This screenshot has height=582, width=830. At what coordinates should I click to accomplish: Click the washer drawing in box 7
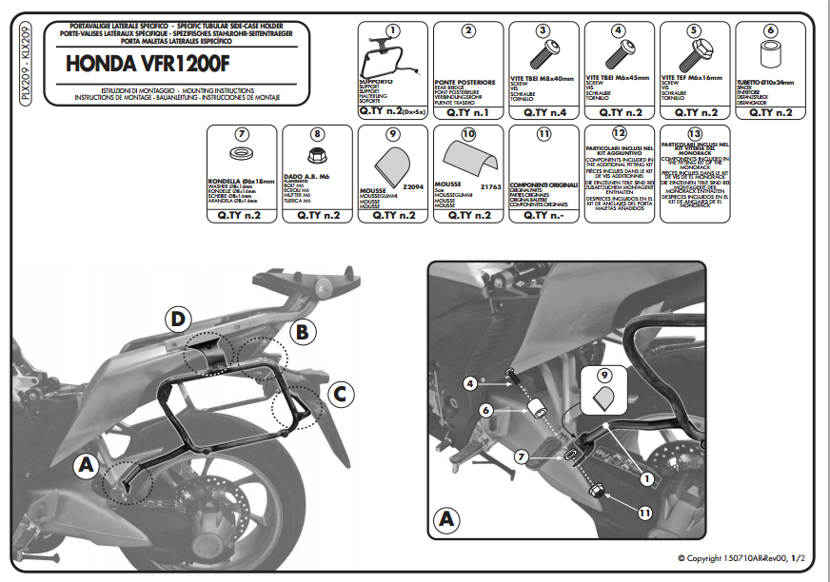[x=241, y=154]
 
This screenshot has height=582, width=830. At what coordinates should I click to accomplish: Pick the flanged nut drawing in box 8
[x=316, y=154]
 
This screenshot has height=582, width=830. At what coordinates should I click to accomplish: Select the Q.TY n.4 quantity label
[x=543, y=112]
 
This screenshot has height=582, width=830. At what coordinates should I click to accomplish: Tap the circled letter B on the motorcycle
[x=302, y=332]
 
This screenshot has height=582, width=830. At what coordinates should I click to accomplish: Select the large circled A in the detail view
[x=445, y=521]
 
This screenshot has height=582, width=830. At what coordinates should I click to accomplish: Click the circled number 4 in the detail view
[x=469, y=383]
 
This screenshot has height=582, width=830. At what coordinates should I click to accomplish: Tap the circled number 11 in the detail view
[x=644, y=513]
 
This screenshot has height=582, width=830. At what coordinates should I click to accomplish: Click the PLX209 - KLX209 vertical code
[x=26, y=66]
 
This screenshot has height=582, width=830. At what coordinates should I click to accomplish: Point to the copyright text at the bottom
[x=741, y=558]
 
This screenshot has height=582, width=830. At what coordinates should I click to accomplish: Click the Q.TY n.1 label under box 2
[x=467, y=112]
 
